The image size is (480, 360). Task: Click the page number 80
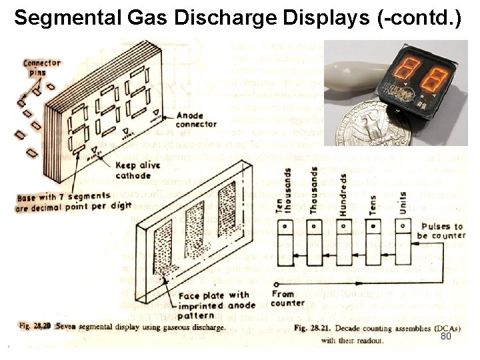pyautogui.click(x=446, y=337)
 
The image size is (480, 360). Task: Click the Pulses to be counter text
pyautogui.click(x=440, y=231)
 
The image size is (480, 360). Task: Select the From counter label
pyautogui.click(x=288, y=297)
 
